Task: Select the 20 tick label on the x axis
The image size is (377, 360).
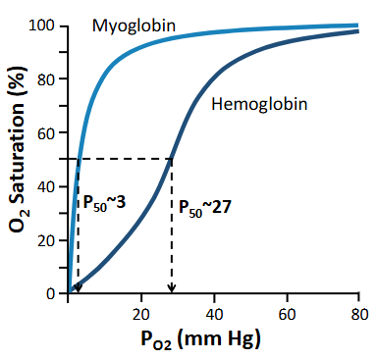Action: pos(141,313)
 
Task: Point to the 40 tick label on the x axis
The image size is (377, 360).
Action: pos(214,313)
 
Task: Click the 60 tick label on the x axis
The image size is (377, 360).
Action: pos(287,313)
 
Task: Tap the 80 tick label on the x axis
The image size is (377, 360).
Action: pos(358,313)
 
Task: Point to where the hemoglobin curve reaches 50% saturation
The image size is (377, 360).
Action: pos(172,160)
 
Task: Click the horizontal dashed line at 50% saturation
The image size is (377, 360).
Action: pos(123,160)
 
